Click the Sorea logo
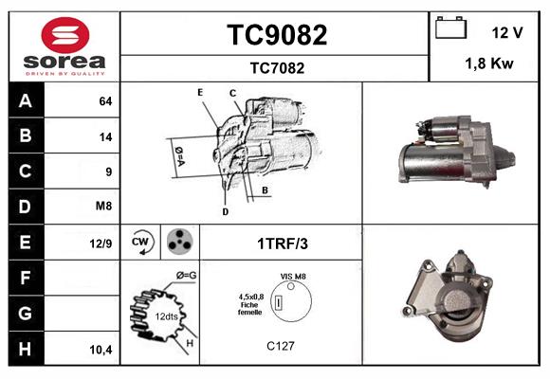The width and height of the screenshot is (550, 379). click(64, 46)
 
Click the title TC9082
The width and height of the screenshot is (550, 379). click(277, 35)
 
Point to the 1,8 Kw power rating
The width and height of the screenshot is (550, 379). click(489, 64)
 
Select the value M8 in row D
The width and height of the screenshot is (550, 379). click(104, 205)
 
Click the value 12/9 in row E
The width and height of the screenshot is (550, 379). click(101, 244)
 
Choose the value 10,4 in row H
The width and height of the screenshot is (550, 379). click(101, 349)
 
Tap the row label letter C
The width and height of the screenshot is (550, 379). click(26, 171)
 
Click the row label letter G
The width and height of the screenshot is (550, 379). click(26, 312)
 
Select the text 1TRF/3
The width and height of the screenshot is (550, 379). click(283, 244)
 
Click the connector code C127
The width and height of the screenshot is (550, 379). click(281, 346)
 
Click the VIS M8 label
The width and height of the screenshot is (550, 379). click(293, 276)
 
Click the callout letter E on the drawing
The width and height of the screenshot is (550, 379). click(200, 91)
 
